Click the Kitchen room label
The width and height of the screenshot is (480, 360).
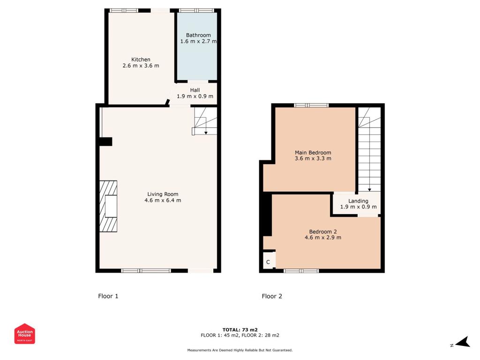point(141,60)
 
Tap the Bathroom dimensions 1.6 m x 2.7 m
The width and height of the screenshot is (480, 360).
point(198,41)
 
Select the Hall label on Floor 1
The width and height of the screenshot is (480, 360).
point(195,90)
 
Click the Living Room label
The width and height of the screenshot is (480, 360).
point(163,194)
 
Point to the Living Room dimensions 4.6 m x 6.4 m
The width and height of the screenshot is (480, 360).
point(163,201)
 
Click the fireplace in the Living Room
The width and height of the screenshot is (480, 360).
point(109,206)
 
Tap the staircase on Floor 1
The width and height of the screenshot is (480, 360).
point(205,121)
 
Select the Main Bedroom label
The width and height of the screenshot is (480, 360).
point(313,152)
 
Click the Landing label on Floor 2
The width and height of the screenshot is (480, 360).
point(358,201)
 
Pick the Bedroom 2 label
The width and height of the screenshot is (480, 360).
point(322,232)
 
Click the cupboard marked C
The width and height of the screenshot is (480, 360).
point(268,262)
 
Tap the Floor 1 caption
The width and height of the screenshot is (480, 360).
point(108,296)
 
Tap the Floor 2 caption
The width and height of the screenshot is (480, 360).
point(272,296)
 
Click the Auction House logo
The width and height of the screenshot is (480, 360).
point(24,334)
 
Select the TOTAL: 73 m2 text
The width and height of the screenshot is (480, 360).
point(240,330)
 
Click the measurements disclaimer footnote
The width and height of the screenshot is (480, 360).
point(240,350)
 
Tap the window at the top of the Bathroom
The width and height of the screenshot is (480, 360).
point(196,10)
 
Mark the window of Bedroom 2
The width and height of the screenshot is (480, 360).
point(301,270)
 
